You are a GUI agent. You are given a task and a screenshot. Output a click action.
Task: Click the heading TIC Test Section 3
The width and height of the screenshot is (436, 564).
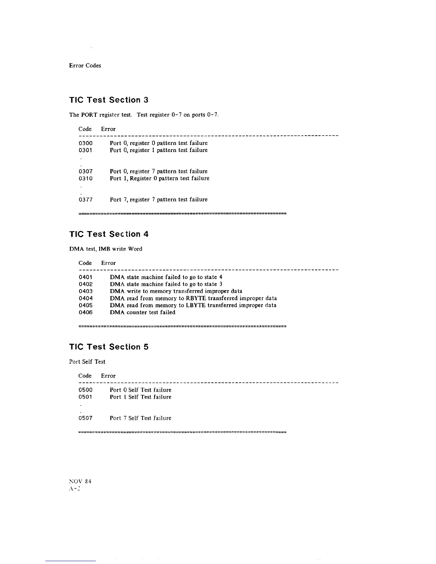click(x=109, y=100)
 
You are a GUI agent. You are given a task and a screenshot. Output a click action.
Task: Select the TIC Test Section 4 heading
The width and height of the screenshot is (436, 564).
click(x=109, y=234)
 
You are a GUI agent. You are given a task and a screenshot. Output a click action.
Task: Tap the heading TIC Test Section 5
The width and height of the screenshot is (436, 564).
click(x=109, y=347)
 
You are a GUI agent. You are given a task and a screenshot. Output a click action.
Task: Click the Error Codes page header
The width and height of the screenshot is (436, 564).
click(x=85, y=66)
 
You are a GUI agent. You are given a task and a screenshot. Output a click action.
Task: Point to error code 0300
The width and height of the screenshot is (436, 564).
click(x=85, y=143)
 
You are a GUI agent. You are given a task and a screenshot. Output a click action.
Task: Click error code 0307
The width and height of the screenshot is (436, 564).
click(x=85, y=171)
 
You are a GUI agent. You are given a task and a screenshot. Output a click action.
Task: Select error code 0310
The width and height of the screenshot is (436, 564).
click(x=85, y=178)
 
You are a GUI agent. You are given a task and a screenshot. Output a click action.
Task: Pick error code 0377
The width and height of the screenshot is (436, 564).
click(x=85, y=200)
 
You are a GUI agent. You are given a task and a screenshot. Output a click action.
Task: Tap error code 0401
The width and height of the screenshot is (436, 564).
click(x=85, y=277)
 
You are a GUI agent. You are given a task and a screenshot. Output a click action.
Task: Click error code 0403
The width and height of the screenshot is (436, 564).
click(x=85, y=291)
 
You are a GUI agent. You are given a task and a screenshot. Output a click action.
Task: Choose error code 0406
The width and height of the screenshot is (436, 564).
click(x=85, y=312)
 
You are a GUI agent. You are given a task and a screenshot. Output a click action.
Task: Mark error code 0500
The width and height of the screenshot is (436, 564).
click(x=85, y=390)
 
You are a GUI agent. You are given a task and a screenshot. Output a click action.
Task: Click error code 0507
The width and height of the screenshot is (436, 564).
click(x=85, y=418)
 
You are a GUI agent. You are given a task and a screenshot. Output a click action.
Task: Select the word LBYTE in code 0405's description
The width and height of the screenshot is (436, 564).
click(x=196, y=305)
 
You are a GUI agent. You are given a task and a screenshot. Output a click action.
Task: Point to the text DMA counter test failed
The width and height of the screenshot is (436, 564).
click(x=142, y=312)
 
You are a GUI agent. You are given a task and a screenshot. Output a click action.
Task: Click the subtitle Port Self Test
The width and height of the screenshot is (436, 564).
click(x=87, y=362)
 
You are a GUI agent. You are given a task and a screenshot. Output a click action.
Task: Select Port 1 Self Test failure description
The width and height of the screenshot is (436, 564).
click(x=140, y=397)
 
